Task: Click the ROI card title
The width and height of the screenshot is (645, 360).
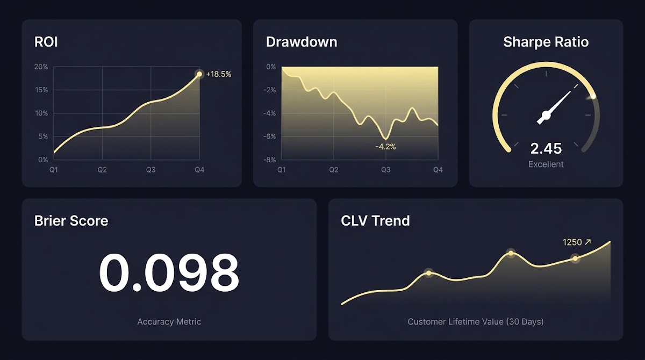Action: [46, 42]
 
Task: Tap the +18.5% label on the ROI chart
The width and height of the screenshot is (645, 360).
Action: [219, 74]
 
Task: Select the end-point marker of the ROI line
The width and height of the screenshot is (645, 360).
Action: [199, 74]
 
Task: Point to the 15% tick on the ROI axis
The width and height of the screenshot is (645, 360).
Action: [41, 90]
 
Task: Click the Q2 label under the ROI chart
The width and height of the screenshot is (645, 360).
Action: [102, 170]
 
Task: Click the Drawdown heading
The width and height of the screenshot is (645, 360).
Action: [302, 42]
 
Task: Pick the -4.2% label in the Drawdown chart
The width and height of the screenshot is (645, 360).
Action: [385, 147]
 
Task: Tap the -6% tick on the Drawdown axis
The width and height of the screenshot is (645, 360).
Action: [269, 136]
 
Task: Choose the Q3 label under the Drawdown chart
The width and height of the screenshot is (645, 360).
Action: [386, 170]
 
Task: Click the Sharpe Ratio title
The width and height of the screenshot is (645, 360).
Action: [546, 42]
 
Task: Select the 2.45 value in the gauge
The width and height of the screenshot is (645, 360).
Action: [546, 149]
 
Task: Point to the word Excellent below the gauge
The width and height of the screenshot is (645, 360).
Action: [546, 164]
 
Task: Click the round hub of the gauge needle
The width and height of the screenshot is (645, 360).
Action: [546, 116]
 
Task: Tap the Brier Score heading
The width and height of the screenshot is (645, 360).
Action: [71, 221]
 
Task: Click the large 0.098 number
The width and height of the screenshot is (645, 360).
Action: [169, 272]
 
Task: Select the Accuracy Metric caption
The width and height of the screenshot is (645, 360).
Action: [169, 321]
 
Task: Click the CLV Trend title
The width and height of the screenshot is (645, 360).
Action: [375, 221]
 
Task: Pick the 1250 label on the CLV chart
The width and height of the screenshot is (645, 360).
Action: [572, 242]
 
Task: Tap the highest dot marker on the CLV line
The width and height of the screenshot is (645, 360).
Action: [511, 253]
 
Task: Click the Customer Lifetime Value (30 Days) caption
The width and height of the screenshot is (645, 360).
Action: [476, 321]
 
